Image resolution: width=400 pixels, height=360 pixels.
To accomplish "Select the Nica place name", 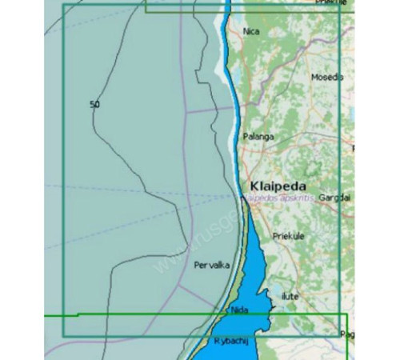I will (251, 31).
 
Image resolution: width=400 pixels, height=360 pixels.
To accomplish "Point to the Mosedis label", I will (326, 78).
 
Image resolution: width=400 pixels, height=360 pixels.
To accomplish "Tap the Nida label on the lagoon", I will (239, 310).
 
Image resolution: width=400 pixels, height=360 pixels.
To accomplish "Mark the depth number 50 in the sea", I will (95, 105).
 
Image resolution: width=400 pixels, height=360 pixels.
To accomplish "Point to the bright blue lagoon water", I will (254, 272).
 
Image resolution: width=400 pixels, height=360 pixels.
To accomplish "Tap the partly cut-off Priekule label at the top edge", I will (332, 3).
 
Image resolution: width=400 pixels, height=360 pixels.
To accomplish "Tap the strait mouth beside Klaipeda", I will (242, 197).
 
